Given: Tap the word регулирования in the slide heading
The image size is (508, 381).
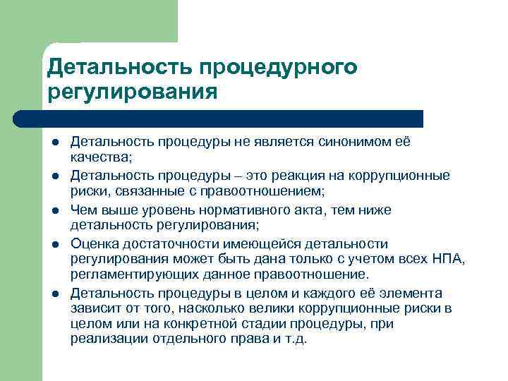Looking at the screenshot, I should (131, 92).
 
